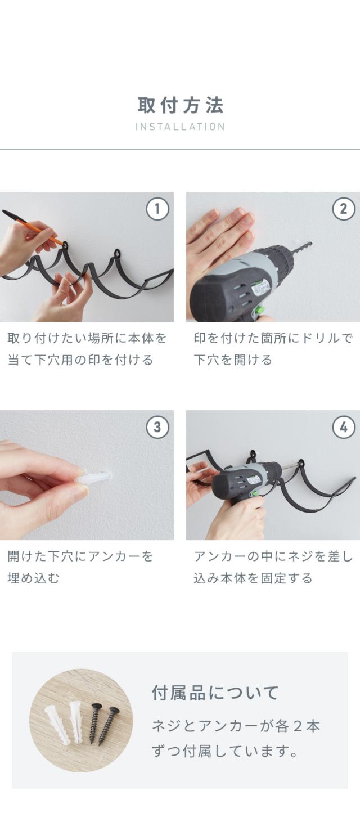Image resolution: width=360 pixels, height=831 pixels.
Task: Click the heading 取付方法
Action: [x=181, y=105]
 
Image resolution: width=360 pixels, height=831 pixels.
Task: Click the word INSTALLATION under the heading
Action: [x=180, y=127]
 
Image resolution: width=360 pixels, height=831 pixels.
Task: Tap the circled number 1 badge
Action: [x=157, y=209]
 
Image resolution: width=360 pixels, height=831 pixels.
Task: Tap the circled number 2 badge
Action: [x=344, y=209]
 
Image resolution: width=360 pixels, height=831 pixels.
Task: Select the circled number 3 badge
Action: [x=157, y=427]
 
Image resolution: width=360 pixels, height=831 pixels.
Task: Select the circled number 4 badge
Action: [x=344, y=427]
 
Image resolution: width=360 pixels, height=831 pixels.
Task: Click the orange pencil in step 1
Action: [x=33, y=228]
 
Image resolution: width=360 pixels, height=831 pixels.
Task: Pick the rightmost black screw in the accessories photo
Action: [x=109, y=726]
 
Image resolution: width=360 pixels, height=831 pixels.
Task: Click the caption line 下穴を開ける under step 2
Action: [x=233, y=360]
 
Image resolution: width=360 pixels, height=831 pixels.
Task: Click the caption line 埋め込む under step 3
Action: [x=33, y=578]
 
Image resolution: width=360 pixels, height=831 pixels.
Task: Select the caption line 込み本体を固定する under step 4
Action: [x=253, y=578]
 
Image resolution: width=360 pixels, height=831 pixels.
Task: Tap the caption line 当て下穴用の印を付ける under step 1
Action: [x=80, y=360]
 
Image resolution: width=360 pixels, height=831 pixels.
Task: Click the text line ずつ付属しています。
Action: [x=225, y=751]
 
